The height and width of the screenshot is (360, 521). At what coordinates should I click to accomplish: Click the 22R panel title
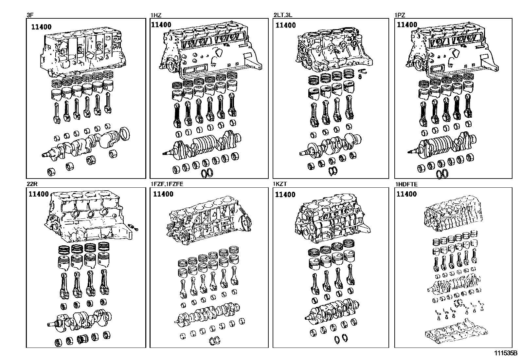(30, 184)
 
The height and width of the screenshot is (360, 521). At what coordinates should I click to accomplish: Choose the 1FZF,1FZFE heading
(167, 184)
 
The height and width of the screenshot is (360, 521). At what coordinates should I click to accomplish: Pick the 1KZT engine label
(280, 184)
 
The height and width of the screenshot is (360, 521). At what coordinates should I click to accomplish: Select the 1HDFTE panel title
(406, 184)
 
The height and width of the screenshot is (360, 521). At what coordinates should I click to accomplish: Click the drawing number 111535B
(505, 353)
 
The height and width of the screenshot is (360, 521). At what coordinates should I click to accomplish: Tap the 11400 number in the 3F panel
(41, 27)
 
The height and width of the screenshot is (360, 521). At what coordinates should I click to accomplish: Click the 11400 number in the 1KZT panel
(285, 195)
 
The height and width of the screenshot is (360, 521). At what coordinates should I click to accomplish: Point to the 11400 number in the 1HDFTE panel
(406, 194)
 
